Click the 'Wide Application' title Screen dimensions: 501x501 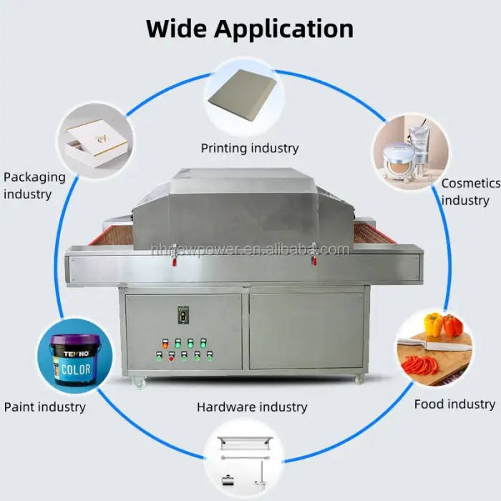coord(250,29)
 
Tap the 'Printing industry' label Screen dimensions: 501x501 coord(249,148)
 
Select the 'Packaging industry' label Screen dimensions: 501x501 coord(34,185)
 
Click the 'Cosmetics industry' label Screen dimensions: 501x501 coord(470,192)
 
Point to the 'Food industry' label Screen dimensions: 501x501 coord(454,404)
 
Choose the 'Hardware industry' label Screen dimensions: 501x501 coord(252,407)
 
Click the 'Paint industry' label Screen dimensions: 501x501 coord(44,407)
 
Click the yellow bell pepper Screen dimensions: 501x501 coord(433,325)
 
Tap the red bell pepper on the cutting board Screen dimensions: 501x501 coord(452,326)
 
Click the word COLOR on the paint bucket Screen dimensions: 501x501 coord(74,370)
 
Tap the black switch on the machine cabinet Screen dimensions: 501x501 coord(183,314)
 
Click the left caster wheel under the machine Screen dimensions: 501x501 coord(139,384)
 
